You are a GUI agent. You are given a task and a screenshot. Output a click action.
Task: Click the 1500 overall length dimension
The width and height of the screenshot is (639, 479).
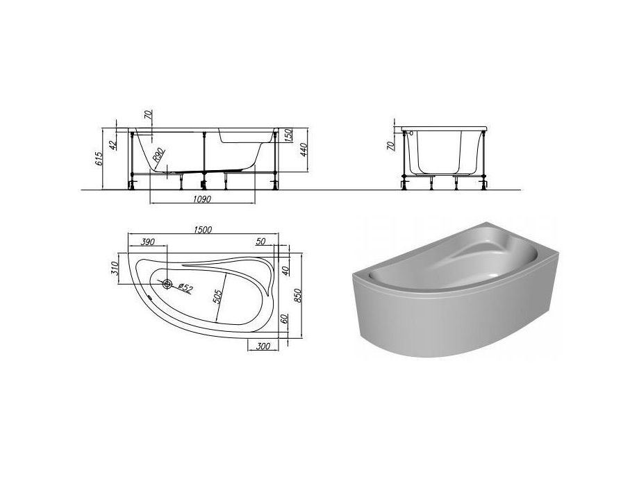click(x=203, y=230)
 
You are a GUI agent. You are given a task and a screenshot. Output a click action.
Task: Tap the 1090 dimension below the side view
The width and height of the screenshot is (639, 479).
click(x=203, y=199)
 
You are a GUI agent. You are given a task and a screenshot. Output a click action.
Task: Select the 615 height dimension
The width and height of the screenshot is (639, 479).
click(x=99, y=158)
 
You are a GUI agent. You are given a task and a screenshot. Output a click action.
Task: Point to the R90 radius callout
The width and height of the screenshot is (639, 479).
click(x=158, y=156)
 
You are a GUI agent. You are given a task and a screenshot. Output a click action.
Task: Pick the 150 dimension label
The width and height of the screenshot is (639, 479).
click(x=288, y=135)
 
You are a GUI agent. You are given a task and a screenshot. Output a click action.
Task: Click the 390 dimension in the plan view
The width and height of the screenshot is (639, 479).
click(x=147, y=242)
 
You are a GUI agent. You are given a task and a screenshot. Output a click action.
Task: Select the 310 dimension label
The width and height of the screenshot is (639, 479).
click(x=115, y=269)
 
